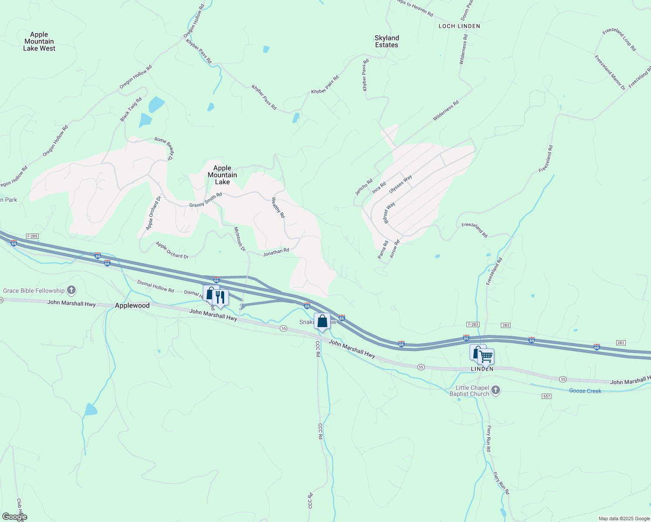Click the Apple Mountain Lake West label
click(39, 41)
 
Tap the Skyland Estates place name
click(386, 41)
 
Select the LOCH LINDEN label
click(459, 26)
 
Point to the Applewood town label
click(132, 305)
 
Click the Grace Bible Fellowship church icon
click(71, 290)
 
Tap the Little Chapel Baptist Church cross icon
click(496, 391)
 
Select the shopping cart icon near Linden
click(486, 357)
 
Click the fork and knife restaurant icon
click(220, 298)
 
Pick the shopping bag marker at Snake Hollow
click(322, 321)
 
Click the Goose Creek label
click(585, 391)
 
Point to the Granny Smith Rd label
click(205, 200)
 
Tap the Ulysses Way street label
click(400, 184)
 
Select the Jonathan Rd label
click(276, 252)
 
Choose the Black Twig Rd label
click(131, 110)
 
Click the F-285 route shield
click(32, 236)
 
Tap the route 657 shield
click(547, 396)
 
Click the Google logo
click(14, 516)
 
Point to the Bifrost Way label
click(389, 213)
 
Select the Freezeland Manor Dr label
click(610, 72)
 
